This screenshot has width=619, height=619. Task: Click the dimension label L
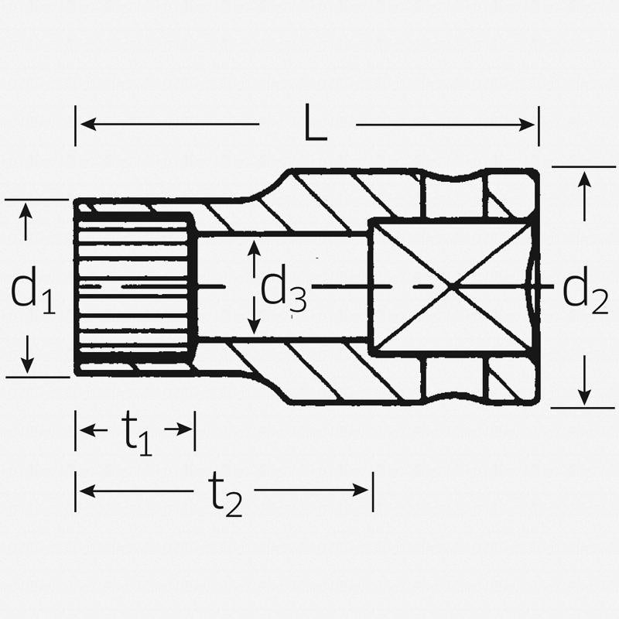pyautogui.click(x=314, y=125)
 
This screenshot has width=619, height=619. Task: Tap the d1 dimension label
pyautogui.click(x=33, y=290)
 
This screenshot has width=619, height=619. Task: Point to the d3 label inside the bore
pyautogui.click(x=283, y=289)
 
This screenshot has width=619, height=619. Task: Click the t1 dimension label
pyautogui.click(x=139, y=433)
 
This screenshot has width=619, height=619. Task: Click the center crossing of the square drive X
pyautogui.click(x=452, y=286)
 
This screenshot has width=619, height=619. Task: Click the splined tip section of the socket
pyautogui.click(x=135, y=286)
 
